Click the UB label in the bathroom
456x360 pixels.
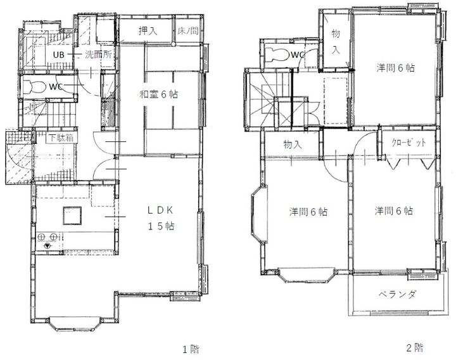pos(58,55)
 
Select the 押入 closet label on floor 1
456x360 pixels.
pos(148,30)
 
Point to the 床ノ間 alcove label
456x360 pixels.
pos(188,30)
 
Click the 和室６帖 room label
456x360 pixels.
pos(158,94)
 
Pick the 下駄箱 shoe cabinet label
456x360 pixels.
pos(60,137)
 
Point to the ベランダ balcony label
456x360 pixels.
pos(398,294)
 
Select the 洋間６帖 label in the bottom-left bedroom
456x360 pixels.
pos(308,212)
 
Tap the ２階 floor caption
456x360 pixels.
pos(415,347)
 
